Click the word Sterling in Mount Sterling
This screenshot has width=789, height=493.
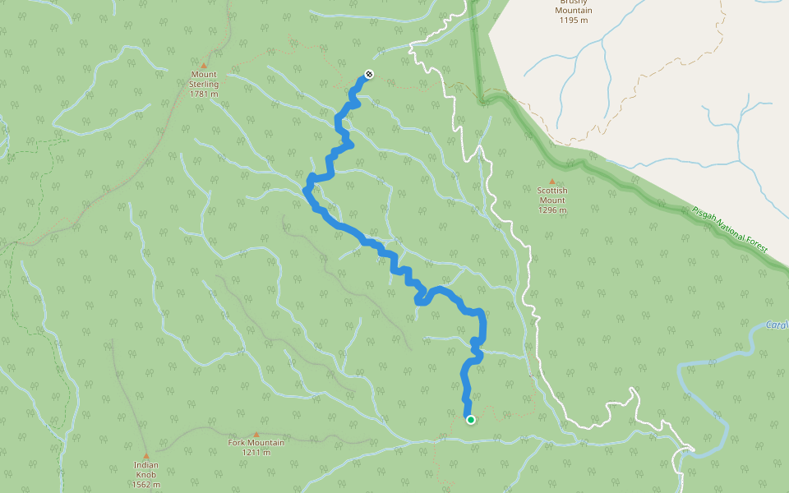[204, 84]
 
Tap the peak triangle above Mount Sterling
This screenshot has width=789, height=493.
[204, 64]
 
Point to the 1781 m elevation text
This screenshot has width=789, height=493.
[204, 94]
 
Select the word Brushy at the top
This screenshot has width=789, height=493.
[574, 2]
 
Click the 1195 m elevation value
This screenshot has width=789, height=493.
[574, 21]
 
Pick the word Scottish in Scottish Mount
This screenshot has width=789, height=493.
[552, 191]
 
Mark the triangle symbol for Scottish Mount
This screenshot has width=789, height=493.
[552, 182]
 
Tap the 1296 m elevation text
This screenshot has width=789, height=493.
[552, 210]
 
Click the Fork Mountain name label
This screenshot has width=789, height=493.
[256, 443]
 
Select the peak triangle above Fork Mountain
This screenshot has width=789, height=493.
[256, 434]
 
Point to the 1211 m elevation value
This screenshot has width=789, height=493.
[256, 453]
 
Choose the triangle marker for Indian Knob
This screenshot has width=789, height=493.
[146, 455]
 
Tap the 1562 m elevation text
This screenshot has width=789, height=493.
[146, 485]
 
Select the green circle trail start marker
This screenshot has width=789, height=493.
[471, 420]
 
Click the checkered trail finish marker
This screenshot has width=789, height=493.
[369, 75]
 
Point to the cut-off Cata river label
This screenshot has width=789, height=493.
[777, 325]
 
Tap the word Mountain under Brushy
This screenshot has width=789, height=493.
[574, 11]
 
